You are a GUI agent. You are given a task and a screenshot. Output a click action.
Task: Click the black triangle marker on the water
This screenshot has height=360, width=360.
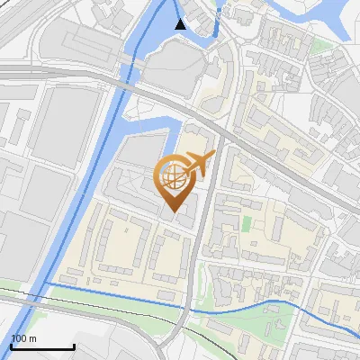pos(181,24)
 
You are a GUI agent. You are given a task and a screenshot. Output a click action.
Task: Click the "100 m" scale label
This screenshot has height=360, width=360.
pos(24,338)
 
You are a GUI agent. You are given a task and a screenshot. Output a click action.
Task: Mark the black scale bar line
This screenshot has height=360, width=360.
pos(42,346)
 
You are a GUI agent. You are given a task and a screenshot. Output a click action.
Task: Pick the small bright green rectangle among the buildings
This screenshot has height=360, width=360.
pos(247,221)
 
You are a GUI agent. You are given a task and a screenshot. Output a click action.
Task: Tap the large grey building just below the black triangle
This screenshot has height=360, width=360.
pos(176,67)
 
